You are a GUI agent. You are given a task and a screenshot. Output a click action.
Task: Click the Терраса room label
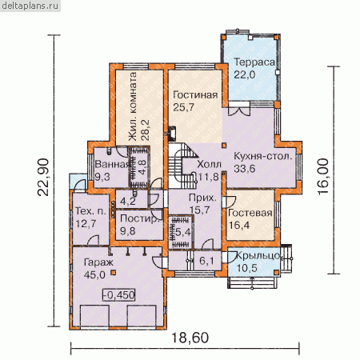pos(254,62)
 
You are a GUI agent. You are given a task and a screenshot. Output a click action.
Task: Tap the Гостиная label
pos(195,95)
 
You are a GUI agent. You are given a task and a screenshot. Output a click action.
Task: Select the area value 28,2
pos(146,130)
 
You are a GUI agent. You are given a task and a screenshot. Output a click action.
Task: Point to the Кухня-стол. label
pos(262,156)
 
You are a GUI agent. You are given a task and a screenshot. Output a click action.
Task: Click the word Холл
pos(209,164)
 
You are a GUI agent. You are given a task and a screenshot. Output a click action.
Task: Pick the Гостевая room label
pos(250,213)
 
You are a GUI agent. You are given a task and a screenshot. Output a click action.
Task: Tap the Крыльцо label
pos(258,256)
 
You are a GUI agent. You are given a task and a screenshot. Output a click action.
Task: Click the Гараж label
pos(98,262)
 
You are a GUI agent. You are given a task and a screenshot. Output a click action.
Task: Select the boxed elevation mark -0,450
pos(119,295)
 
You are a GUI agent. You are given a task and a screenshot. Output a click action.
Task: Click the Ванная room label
pos(112,164)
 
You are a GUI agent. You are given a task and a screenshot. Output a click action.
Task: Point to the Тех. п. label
pos(90,211)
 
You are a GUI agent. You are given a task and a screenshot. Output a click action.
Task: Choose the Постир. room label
pos(140,218)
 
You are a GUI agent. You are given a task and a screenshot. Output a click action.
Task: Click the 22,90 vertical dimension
pos(43,178)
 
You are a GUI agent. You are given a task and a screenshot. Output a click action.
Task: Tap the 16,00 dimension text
pos(323,177)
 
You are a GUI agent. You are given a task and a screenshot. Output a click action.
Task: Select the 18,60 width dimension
pos(190,338)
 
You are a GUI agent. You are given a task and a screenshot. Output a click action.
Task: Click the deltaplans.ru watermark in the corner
pos(30,6)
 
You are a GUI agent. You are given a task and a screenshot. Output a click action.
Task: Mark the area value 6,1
pos(206,261)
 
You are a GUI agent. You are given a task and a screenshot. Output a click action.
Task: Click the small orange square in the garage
pos(114,272)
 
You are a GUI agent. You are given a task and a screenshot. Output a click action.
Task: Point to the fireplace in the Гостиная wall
pos(171,133)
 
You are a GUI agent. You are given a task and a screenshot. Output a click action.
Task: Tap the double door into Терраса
pos(239,111)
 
